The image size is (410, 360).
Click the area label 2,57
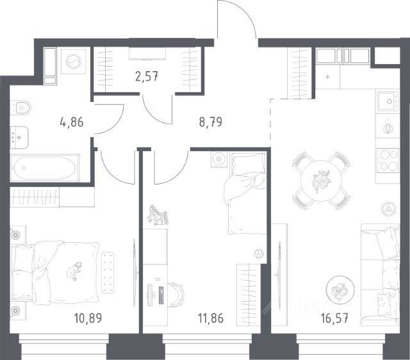pyautogui.click(x=147, y=77)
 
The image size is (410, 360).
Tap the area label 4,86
pyautogui.click(x=72, y=122)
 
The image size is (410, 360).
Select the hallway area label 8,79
pyautogui.click(x=211, y=122)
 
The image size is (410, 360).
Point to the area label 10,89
pyautogui.click(x=88, y=318)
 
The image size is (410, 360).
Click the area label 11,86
pyautogui.click(x=211, y=318)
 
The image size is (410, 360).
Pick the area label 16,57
pyautogui.click(x=334, y=318)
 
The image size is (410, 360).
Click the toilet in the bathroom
pyautogui.click(x=21, y=107)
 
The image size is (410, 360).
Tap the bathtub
pyautogui.click(x=45, y=168)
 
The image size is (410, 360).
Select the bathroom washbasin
pyautogui.click(x=19, y=137)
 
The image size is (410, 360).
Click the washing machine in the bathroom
pyautogui.click(x=74, y=61)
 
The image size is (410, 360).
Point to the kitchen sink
pyautogui.click(x=388, y=101)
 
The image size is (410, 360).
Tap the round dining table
pyautogui.click(x=322, y=181)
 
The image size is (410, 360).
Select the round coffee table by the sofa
pyautogui.click(x=340, y=290)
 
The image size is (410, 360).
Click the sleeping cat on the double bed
pyautogui.click(x=74, y=271)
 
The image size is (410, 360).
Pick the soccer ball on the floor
pyautogui.click(x=259, y=254)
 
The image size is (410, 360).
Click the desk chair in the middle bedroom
pyautogui.click(x=176, y=295)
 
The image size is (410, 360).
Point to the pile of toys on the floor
pyautogui.click(x=158, y=215)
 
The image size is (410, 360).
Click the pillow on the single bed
pyautogui.click(x=248, y=165)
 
